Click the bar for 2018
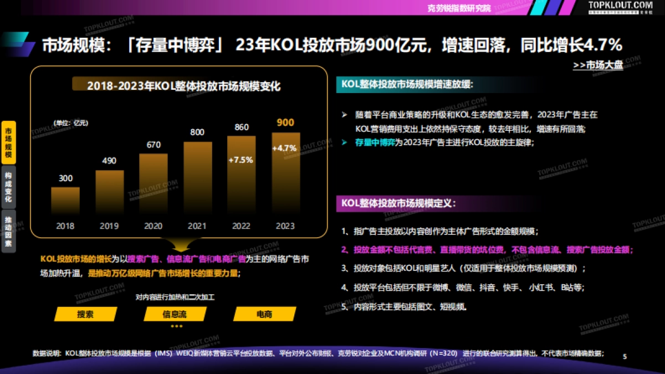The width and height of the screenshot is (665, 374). click(x=65, y=200)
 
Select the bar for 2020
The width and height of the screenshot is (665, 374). click(x=154, y=183)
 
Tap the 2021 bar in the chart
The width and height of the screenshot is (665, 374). click(x=198, y=177)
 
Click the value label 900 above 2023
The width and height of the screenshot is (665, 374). click(x=285, y=122)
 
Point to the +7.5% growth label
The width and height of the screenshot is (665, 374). click(x=241, y=160)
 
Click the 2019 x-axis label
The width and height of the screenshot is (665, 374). click(x=109, y=226)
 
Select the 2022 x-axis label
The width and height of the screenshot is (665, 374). click(x=241, y=226)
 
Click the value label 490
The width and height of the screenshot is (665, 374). click(x=109, y=161)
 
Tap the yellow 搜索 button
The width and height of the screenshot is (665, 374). click(x=85, y=314)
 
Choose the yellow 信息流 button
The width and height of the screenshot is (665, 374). click(x=175, y=314)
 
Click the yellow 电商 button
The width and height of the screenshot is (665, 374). click(x=264, y=314)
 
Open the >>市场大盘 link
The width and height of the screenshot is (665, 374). click(x=598, y=65)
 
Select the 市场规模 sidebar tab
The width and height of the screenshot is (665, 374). click(x=8, y=142)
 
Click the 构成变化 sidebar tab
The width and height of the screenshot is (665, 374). click(x=8, y=187)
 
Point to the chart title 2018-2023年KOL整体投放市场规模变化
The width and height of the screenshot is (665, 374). click(x=183, y=86)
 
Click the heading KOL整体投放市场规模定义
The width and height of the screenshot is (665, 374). click(x=398, y=203)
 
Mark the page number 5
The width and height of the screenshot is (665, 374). click(x=625, y=356)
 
